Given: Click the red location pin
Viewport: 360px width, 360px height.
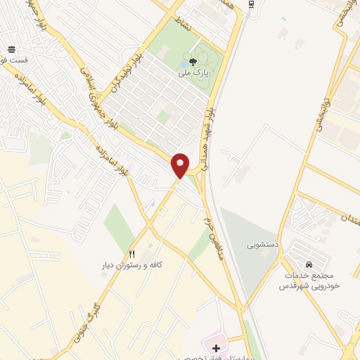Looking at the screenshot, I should pos(181,165).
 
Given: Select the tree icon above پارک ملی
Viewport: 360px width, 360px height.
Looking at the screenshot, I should pos(193,62).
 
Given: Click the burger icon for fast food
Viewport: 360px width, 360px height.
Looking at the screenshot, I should pos(12,49).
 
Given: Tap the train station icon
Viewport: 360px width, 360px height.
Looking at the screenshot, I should pos(252,4).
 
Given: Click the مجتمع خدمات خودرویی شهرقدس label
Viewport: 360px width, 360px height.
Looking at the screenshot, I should pos(309,275).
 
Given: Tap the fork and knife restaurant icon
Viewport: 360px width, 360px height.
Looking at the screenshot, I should pos(131,253).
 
